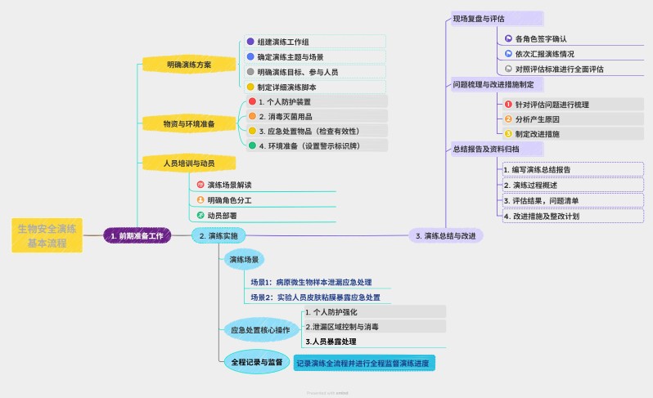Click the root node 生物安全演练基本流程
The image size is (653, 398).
pyautogui.click(x=47, y=235)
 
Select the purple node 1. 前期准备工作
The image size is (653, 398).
pyautogui.click(x=137, y=235)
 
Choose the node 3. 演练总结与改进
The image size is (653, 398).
pyautogui.click(x=445, y=235)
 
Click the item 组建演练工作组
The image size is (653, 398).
pyautogui.click(x=282, y=42)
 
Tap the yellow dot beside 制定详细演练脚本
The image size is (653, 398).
pyautogui.click(x=251, y=87)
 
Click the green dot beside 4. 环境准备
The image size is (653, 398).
pyautogui.click(x=253, y=145)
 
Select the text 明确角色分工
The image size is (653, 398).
pyautogui.click(x=229, y=200)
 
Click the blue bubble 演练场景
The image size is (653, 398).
pyautogui.click(x=244, y=260)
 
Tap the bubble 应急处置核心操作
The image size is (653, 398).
pyautogui.click(x=260, y=331)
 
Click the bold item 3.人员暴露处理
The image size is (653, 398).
pyautogui.click(x=331, y=342)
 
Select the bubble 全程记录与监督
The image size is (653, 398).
pyautogui.click(x=255, y=361)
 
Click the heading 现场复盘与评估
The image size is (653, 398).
pyautogui.click(x=479, y=18)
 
